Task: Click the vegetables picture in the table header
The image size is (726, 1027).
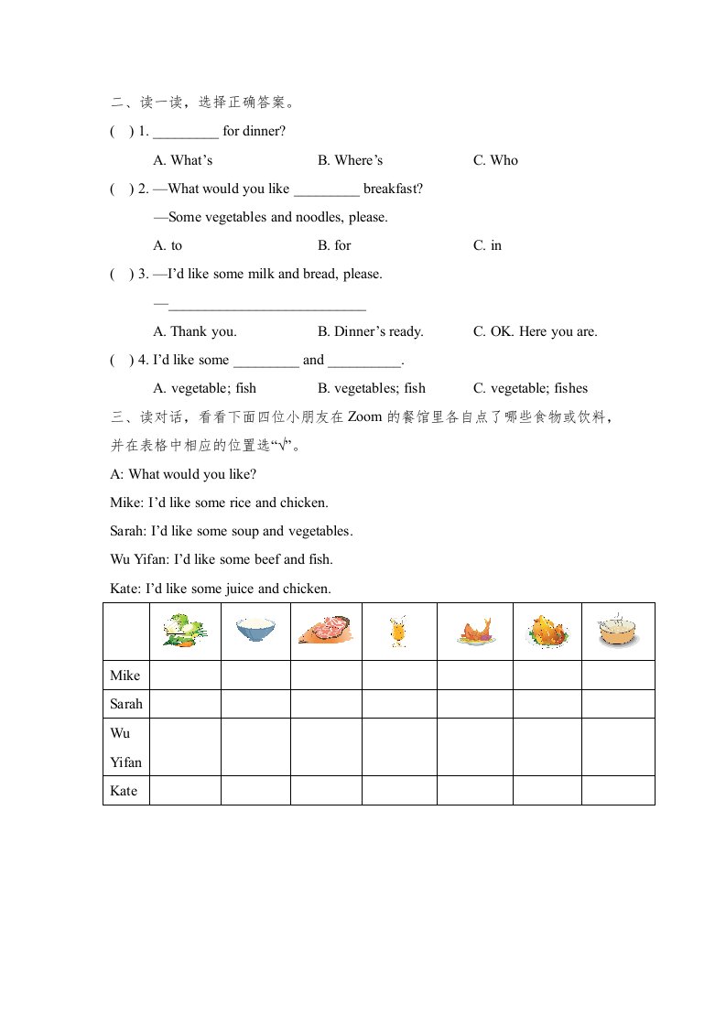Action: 185,631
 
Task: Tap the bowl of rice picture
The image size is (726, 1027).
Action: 255,631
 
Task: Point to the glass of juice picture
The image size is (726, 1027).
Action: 398,632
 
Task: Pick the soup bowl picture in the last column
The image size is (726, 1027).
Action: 618,631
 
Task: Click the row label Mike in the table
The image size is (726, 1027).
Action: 125,676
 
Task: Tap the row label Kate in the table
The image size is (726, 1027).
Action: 124,790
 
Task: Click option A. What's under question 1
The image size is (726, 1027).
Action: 183,160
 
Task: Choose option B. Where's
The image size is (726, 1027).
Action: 351,160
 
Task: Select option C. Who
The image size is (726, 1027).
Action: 495,160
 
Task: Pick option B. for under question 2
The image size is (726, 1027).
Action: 334,245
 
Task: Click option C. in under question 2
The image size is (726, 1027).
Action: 487,245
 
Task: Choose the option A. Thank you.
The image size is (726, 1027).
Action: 195,331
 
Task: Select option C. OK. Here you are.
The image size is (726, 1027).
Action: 535,331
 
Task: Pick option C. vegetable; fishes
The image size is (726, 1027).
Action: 530,388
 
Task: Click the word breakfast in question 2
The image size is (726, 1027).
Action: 393,189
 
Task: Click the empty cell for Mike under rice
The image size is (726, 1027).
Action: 255,676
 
